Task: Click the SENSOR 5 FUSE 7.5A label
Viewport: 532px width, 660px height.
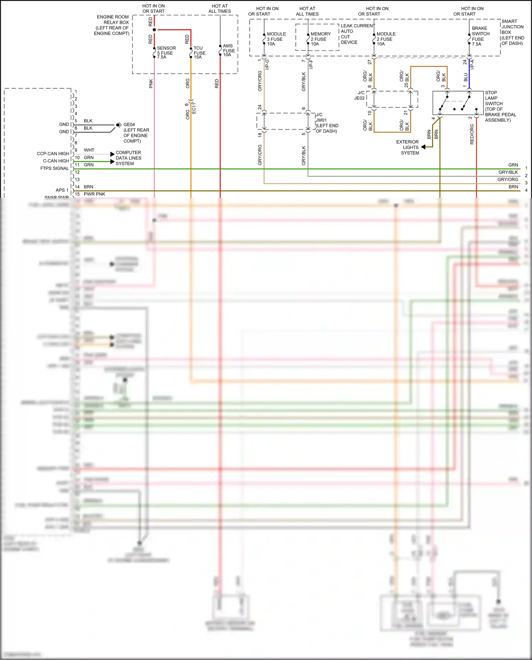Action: tap(166, 52)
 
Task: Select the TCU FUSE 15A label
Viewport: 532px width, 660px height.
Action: tap(199, 52)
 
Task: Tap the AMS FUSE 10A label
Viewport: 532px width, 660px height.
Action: tap(229, 50)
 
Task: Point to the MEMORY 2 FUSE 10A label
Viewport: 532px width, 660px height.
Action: tap(320, 39)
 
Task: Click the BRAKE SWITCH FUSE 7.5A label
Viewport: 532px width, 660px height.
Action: tap(480, 36)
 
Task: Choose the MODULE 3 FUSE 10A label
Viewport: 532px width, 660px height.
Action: tap(276, 39)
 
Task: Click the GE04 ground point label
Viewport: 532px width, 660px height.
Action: tap(129, 125)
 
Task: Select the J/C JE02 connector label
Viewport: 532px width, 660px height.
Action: tap(360, 95)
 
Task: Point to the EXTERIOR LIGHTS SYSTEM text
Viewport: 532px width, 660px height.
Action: tap(408, 147)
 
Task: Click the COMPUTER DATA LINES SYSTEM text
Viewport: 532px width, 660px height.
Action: tap(128, 158)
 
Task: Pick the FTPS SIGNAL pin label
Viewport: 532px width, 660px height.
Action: tap(55, 168)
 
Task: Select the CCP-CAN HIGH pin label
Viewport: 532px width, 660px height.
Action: tap(53, 154)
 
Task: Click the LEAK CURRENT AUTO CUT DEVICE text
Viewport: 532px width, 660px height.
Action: tap(357, 34)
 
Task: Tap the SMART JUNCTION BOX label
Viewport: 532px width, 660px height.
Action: tap(512, 32)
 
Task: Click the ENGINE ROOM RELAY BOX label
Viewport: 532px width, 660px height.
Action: tap(112, 25)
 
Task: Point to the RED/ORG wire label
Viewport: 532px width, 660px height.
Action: tap(472, 134)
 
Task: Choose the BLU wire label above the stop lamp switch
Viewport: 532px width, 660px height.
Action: tap(466, 77)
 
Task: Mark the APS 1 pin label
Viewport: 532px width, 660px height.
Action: tap(62, 190)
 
